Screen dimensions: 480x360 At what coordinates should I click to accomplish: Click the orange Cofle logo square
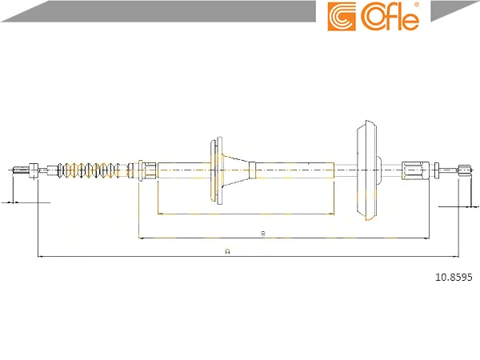342,16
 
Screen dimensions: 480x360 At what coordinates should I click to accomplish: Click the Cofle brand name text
390,17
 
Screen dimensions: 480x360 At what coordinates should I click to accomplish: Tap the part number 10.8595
454,277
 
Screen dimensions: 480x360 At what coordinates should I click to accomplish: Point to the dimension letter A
227,252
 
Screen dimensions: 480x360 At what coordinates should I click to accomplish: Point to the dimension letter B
263,234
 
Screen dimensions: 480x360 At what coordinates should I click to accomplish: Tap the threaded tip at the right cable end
464,170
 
